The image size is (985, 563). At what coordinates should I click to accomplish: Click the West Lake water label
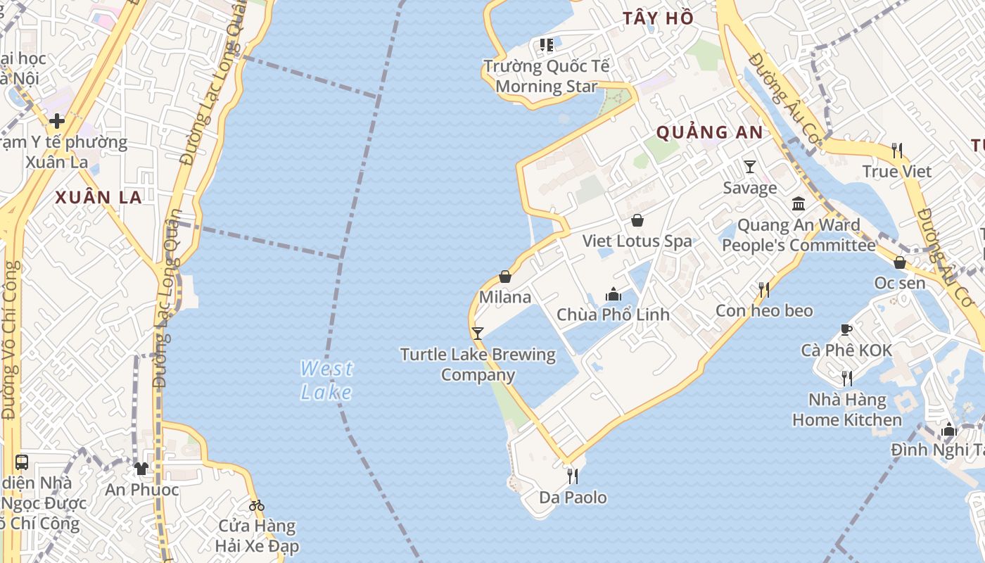coord(326,380)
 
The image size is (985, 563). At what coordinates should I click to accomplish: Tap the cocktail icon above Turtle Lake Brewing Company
coord(478,333)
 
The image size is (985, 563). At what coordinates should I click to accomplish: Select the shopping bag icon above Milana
coord(504,277)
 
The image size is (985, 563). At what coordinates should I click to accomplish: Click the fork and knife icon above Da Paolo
coord(573,476)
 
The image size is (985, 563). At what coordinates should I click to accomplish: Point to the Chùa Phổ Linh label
coord(613,315)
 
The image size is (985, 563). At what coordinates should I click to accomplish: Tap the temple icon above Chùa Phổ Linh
coord(614,294)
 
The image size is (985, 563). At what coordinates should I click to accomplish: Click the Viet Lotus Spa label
coord(637,241)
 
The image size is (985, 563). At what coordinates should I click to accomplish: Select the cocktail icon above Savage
coord(750,167)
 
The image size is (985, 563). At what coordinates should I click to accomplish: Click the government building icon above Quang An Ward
coord(799,204)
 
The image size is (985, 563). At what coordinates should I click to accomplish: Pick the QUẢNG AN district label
coord(709,132)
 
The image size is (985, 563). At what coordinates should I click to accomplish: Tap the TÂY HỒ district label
coord(658,18)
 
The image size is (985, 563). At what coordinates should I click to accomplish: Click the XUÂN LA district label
coord(99,198)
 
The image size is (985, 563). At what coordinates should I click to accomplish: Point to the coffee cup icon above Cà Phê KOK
coord(846,329)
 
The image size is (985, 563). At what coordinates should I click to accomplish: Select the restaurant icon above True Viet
coord(897,150)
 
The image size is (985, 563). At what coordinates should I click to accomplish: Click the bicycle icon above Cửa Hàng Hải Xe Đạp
coord(257,505)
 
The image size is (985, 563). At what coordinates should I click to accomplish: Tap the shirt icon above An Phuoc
coord(141,469)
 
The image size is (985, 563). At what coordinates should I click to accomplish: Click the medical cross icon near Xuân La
coord(57,121)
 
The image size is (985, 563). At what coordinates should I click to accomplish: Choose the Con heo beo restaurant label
coord(764,310)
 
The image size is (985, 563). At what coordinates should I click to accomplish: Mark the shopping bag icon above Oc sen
coord(900,262)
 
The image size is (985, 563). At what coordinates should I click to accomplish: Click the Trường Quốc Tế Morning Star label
coord(547,77)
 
